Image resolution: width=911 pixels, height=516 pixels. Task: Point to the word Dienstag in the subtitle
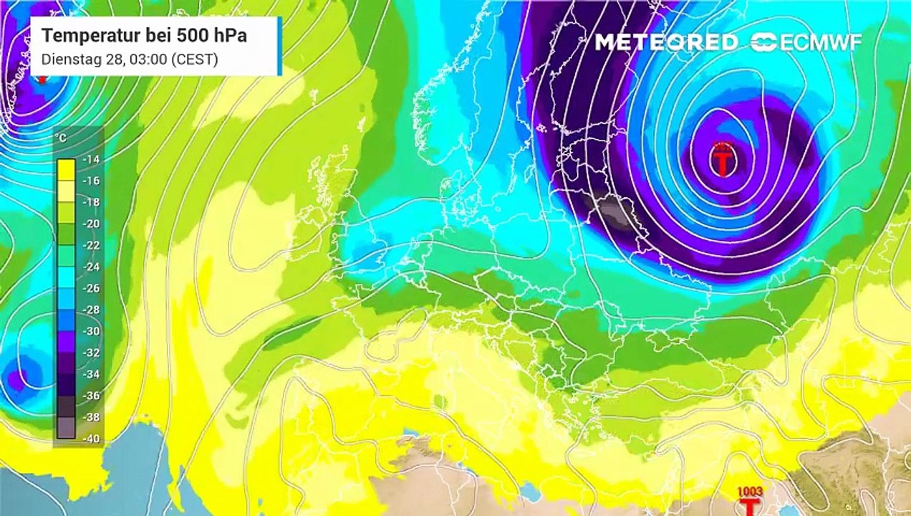pos(67,59)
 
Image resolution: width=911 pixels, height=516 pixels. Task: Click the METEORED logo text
pos(666,42)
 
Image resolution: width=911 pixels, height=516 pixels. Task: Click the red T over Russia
pos(723,163)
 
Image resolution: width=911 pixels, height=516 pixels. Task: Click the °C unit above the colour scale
pos(62,138)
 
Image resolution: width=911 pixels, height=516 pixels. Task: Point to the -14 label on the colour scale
pos(91,160)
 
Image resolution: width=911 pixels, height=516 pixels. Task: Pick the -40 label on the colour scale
pos(91,439)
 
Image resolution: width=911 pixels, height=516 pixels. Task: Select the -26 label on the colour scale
pos(91,288)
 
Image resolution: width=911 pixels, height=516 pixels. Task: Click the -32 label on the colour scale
pos(91,353)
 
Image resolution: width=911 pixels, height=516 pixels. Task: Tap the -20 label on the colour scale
pos(91,224)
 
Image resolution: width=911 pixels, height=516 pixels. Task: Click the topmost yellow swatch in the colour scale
pos(67,169)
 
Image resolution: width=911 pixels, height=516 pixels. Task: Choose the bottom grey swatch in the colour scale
pos(67,428)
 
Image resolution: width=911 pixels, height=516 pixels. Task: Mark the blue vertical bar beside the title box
pos(279,46)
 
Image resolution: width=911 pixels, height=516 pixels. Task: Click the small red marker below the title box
pos(42,79)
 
